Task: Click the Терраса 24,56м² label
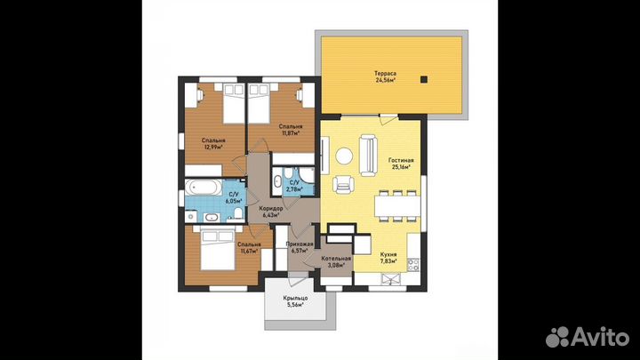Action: coord(385,76)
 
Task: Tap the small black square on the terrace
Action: coord(424,80)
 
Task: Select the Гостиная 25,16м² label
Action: coord(401,164)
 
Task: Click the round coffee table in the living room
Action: coord(344,156)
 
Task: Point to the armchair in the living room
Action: coord(343,184)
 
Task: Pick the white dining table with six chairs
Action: coord(397,206)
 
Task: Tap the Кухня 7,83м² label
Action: coord(388,257)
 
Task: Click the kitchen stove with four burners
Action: coord(413,265)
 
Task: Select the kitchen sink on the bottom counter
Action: coord(390,279)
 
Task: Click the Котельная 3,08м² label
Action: coord(336,261)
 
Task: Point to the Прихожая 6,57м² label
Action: coord(300,247)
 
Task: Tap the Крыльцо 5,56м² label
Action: coord(295,301)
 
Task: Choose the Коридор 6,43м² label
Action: coord(271,211)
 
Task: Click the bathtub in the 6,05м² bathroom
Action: coord(204,188)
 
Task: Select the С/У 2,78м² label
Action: coord(294,186)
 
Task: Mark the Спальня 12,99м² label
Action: coord(213,144)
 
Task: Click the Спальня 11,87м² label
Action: coord(290,130)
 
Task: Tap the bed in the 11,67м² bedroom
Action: coord(218,250)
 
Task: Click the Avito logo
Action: coord(588,336)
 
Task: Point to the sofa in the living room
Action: coord(368,156)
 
